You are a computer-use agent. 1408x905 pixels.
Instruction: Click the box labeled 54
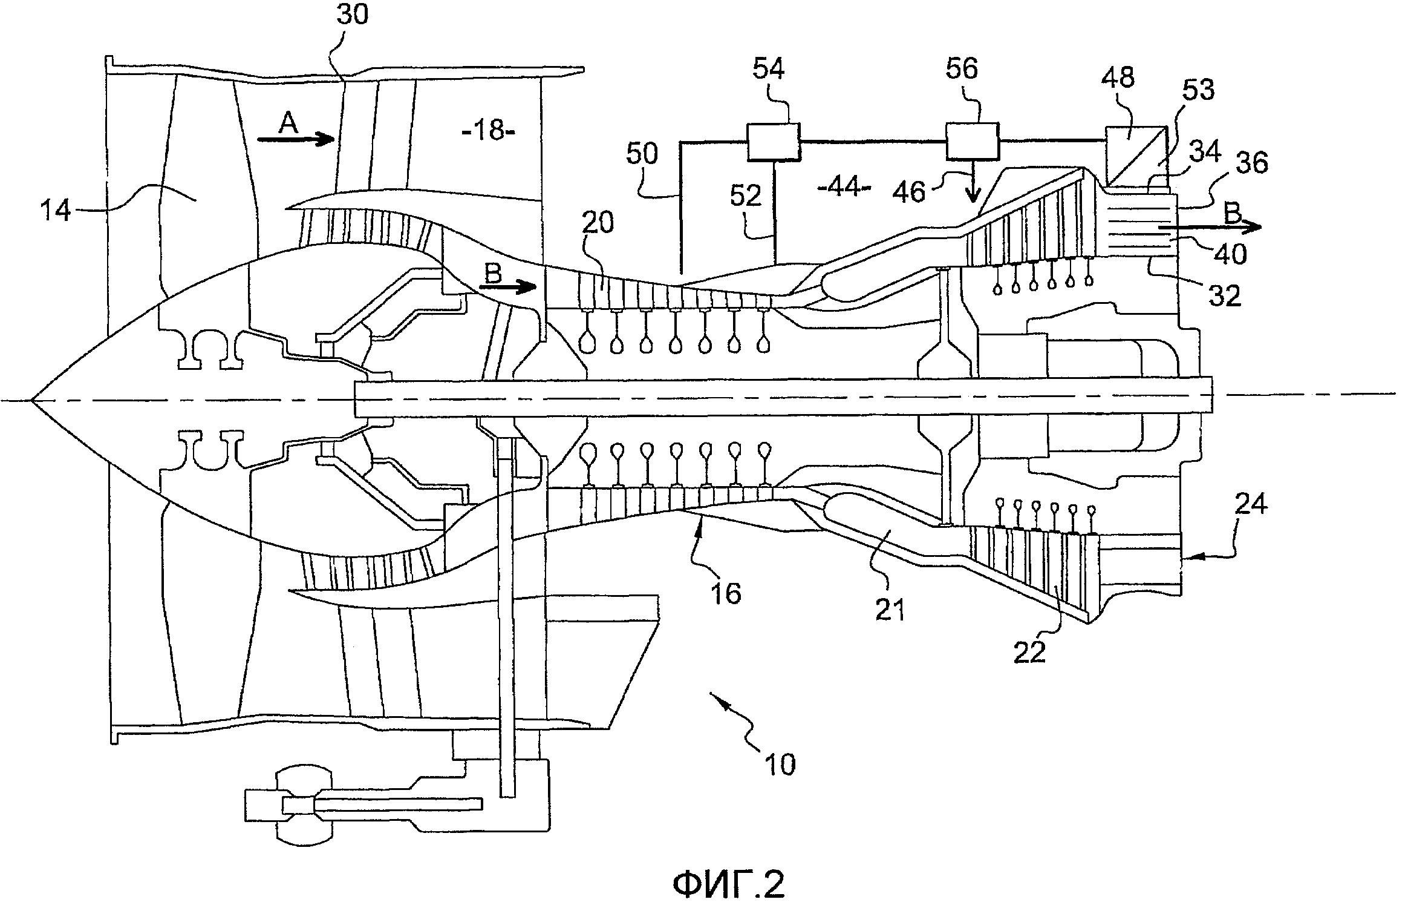click(x=773, y=141)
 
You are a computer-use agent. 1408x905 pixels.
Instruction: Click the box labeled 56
click(x=972, y=141)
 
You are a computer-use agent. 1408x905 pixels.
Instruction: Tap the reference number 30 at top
click(x=352, y=15)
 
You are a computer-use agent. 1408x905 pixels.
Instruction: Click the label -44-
click(x=844, y=188)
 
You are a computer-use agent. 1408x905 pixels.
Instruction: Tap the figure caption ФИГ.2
click(x=729, y=884)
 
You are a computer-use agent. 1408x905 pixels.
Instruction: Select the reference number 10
click(x=780, y=764)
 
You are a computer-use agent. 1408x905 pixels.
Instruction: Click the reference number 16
click(x=726, y=593)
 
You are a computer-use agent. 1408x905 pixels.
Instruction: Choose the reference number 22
click(x=1029, y=651)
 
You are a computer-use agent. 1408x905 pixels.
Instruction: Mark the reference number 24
click(x=1251, y=504)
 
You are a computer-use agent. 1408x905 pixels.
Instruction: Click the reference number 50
click(x=642, y=154)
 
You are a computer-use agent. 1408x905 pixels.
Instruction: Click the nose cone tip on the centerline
click(x=32, y=400)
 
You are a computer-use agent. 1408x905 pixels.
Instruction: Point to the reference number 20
click(x=598, y=223)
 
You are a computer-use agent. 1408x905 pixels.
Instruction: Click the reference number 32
click(x=1225, y=295)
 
